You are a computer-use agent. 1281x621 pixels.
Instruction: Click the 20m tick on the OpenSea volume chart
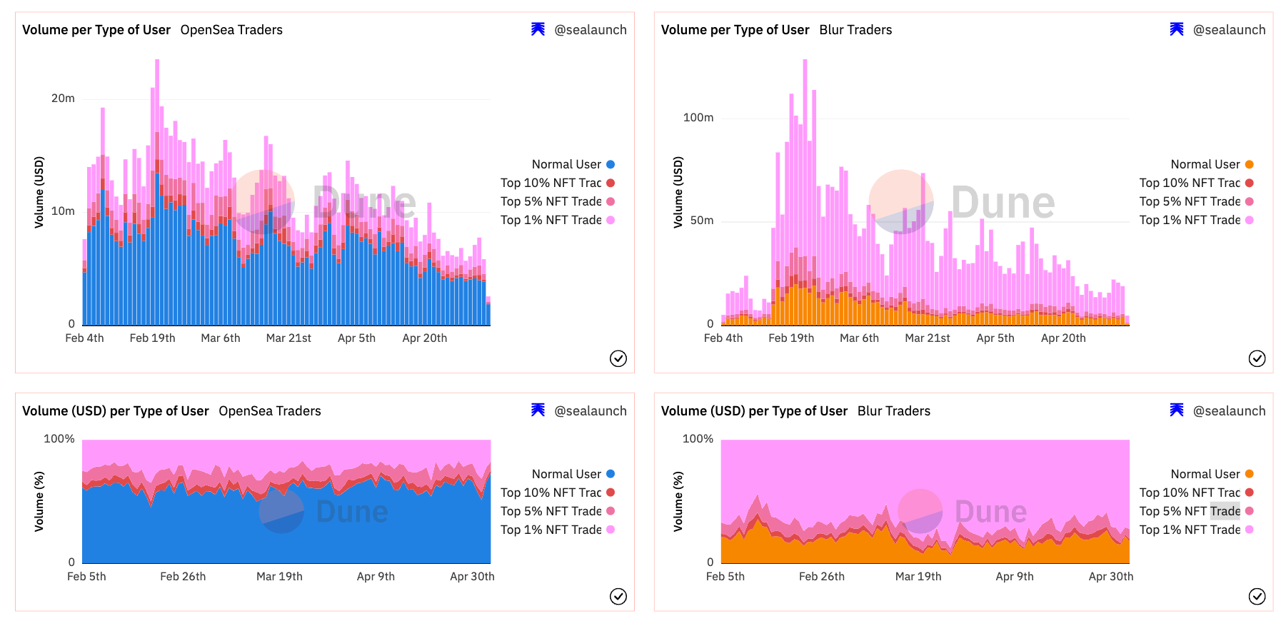click(x=63, y=99)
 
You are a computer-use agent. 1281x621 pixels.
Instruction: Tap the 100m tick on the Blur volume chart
click(x=698, y=118)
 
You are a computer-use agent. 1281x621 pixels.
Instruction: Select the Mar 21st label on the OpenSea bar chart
click(x=288, y=338)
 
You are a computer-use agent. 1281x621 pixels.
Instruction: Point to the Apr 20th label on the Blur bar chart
click(x=1063, y=338)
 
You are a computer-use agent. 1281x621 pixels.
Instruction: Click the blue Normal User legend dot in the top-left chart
click(x=611, y=165)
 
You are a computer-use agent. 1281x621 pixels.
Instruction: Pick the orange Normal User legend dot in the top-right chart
click(x=1249, y=165)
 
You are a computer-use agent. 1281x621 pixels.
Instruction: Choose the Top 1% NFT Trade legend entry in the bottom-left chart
click(x=551, y=530)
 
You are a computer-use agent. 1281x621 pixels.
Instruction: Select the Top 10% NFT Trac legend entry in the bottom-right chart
click(x=1190, y=493)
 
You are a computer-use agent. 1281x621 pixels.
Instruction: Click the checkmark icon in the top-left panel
click(x=618, y=358)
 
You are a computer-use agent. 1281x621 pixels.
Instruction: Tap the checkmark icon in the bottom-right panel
click(x=1257, y=596)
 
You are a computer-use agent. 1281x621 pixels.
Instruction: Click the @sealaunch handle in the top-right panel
click(x=1229, y=30)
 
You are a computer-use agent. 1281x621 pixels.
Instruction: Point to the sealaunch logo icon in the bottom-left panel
click(x=538, y=410)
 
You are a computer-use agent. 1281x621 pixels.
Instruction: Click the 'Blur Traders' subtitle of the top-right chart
click(x=855, y=30)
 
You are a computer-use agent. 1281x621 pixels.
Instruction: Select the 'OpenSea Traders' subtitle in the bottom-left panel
click(x=270, y=411)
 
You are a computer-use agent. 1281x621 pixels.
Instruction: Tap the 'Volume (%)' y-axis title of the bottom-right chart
click(x=678, y=501)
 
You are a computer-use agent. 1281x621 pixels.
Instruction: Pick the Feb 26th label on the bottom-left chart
click(x=183, y=577)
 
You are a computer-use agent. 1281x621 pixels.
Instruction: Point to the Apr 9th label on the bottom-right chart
click(x=1015, y=577)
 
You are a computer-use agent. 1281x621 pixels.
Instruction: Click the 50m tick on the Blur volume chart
click(x=701, y=221)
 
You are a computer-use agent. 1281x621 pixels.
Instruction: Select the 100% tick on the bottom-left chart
click(x=59, y=439)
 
